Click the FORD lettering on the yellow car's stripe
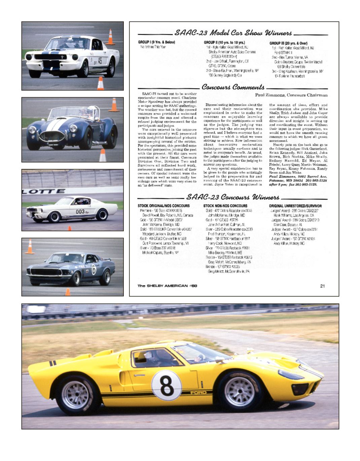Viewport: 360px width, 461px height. pos(198,392)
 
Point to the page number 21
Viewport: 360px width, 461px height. pos(322,286)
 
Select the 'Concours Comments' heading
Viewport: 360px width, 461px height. pos(233,87)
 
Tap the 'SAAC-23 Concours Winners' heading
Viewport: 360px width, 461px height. pos(232,197)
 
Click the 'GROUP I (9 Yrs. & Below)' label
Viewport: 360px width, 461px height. pos(156,42)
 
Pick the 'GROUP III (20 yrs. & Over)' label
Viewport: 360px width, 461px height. pos(288,43)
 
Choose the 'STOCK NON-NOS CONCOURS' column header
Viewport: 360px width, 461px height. pos(225,206)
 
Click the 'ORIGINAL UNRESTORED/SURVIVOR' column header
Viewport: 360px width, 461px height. pos(295,206)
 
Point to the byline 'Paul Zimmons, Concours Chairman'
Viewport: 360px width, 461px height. pos(291,95)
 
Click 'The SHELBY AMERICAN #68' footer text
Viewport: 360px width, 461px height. pos(167,286)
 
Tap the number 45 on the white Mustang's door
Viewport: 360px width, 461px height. pos(100,61)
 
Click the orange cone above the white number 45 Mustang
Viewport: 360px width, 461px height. pos(110,37)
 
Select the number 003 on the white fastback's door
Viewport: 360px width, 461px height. pos(80,212)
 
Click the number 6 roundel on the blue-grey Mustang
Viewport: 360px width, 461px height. pos(94,270)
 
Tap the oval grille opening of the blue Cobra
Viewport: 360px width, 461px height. pos(52,136)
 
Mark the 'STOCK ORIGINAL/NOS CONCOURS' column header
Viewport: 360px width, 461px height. pos(164,206)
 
